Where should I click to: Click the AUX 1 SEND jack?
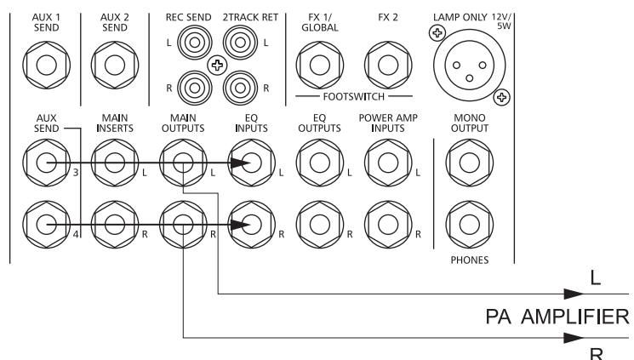[44, 65]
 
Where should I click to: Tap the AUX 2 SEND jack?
[111, 65]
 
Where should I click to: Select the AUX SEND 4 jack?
[44, 224]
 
